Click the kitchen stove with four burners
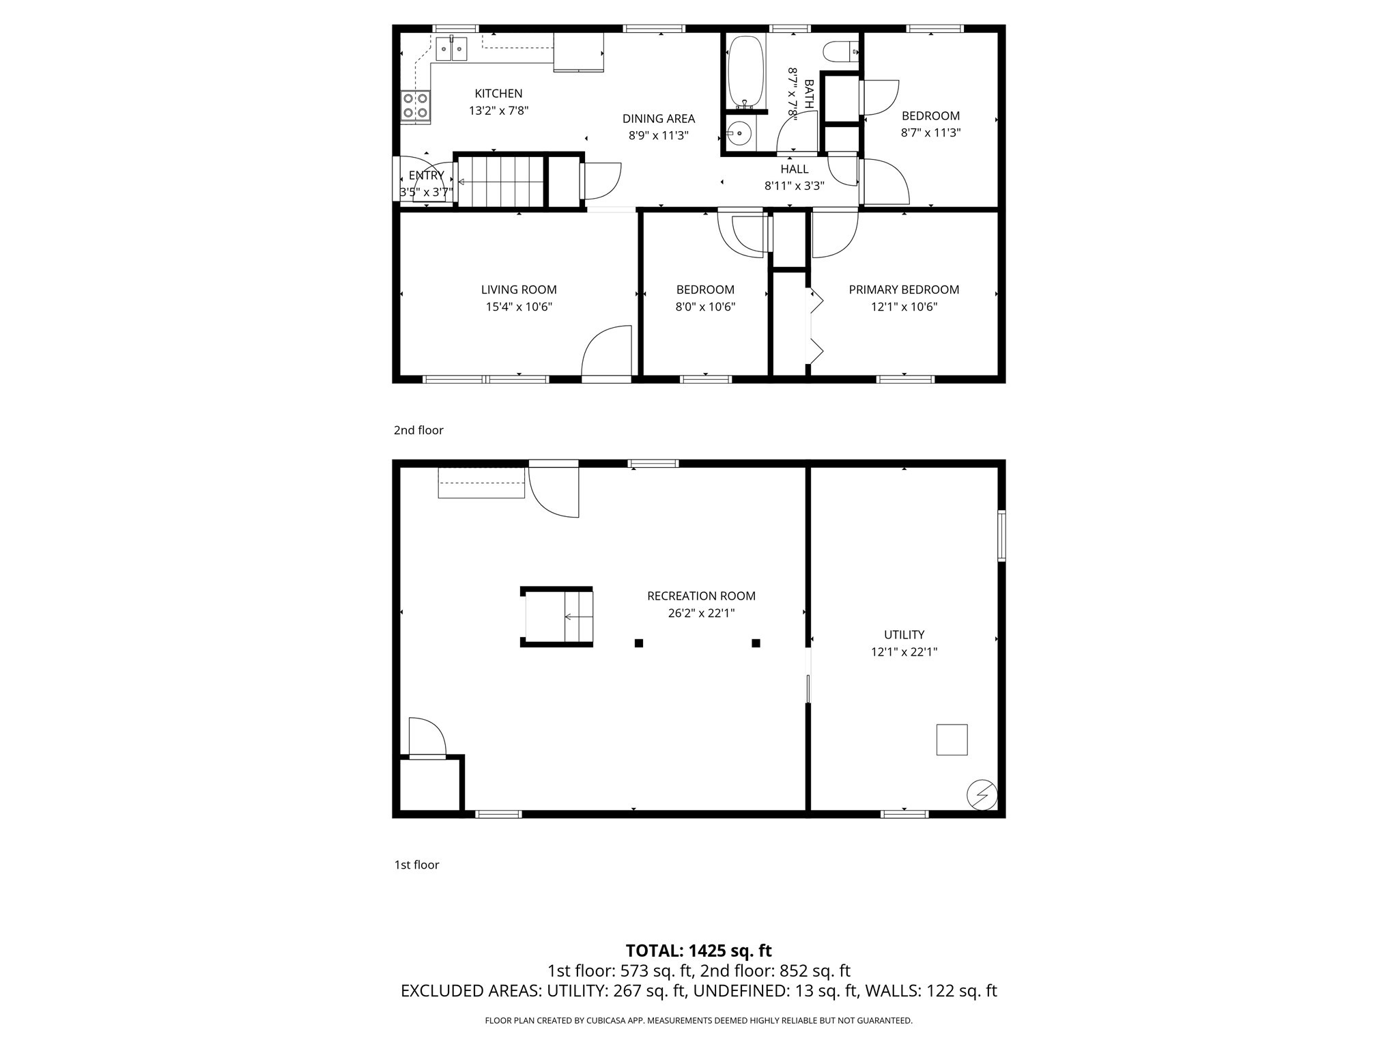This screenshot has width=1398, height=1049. tap(416, 107)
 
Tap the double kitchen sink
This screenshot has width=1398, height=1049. tap(452, 48)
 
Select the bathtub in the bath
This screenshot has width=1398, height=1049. tap(745, 72)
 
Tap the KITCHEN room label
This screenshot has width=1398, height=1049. tap(498, 94)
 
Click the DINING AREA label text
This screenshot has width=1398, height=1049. tap(659, 119)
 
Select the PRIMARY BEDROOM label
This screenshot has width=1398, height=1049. tap(904, 290)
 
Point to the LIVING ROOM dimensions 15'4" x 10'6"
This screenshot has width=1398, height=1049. tap(519, 307)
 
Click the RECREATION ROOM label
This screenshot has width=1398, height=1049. tap(701, 596)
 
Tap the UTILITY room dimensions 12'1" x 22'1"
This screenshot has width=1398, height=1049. tap(904, 652)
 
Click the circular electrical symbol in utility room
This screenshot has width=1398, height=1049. tap(982, 795)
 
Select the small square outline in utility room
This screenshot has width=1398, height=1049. tap(952, 740)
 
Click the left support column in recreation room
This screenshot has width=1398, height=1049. tap(639, 643)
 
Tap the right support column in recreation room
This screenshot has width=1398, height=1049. tap(756, 643)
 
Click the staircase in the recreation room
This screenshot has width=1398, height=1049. tap(557, 617)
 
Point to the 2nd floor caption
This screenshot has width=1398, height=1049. tap(418, 430)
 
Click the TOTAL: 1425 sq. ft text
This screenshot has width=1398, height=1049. tap(699, 951)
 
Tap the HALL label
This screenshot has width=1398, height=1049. tap(795, 169)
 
